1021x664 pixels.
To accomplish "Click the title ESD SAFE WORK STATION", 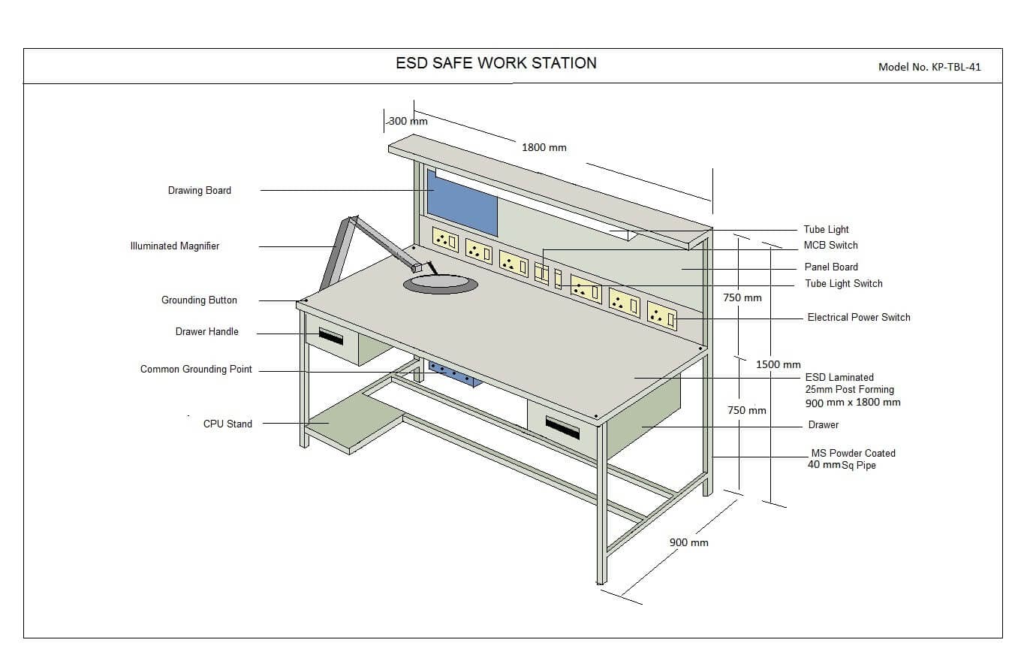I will [x=496, y=64].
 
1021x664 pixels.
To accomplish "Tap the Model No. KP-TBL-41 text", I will [x=929, y=67].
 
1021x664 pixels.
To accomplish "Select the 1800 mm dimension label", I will [x=544, y=148].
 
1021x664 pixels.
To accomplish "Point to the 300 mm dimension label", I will [x=408, y=121].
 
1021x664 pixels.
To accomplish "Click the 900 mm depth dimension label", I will [x=688, y=542].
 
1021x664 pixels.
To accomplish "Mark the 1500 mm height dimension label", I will [x=778, y=364].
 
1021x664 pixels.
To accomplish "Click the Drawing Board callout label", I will [x=200, y=191].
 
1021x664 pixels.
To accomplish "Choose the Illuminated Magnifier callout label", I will [x=175, y=246].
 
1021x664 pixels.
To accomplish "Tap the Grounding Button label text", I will [x=199, y=300].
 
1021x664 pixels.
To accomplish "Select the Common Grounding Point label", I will [x=196, y=370].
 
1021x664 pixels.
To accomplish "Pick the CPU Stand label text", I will [x=227, y=424].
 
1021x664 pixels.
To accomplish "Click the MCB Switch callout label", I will [x=830, y=246].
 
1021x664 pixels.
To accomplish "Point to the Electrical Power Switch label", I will [x=859, y=318].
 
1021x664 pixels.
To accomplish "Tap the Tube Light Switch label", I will [x=844, y=284].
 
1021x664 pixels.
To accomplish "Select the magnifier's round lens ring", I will [x=441, y=284].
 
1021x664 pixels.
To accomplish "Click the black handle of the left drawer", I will [x=330, y=335].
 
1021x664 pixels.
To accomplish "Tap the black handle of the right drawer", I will [x=562, y=427].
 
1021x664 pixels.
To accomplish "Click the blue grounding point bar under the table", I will [x=454, y=373].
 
